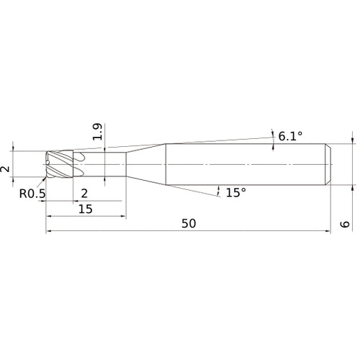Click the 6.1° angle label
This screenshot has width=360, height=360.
pyautogui.click(x=291, y=135)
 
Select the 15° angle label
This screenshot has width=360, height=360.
pyautogui.click(x=235, y=192)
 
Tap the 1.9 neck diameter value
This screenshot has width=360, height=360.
pyautogui.click(x=99, y=132)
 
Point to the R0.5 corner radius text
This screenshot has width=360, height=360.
pyautogui.click(x=32, y=193)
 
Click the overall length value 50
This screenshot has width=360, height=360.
pyautogui.click(x=189, y=223)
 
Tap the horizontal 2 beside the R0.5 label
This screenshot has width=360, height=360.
pyautogui.click(x=84, y=193)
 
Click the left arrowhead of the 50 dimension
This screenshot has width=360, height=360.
pyautogui.click(x=49, y=232)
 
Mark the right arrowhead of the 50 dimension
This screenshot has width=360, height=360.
pyautogui.click(x=328, y=232)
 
